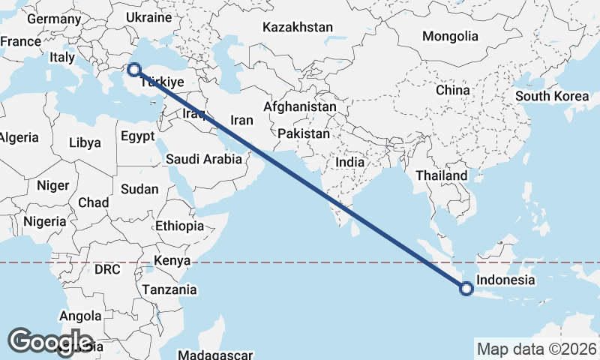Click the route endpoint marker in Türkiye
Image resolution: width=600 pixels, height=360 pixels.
tap(133, 70)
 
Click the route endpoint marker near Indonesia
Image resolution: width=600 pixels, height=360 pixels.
tap(466, 288)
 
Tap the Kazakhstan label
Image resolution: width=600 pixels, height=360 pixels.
tap(297, 27)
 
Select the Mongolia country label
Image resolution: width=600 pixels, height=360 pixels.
tap(450, 36)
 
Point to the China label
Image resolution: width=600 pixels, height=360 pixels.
tap(452, 90)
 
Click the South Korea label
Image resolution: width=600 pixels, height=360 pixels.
tap(552, 96)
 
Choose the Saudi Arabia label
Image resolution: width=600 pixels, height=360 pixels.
tap(204, 159)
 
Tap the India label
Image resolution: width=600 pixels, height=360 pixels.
tap(349, 161)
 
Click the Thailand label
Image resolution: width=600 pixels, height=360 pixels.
tap(441, 175)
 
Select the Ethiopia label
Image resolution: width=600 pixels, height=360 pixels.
tap(179, 226)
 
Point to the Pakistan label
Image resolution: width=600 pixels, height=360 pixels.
tap(304, 133)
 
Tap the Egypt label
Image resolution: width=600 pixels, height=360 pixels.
tap(137, 136)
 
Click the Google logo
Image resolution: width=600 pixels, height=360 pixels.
tap(51, 342)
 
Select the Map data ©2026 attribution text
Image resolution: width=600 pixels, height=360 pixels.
tap(536, 349)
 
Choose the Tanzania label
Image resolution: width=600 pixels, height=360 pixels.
tap(172, 289)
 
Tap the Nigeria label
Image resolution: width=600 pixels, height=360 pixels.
tap(45, 221)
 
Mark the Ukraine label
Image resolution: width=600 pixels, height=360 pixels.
tap(149, 16)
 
